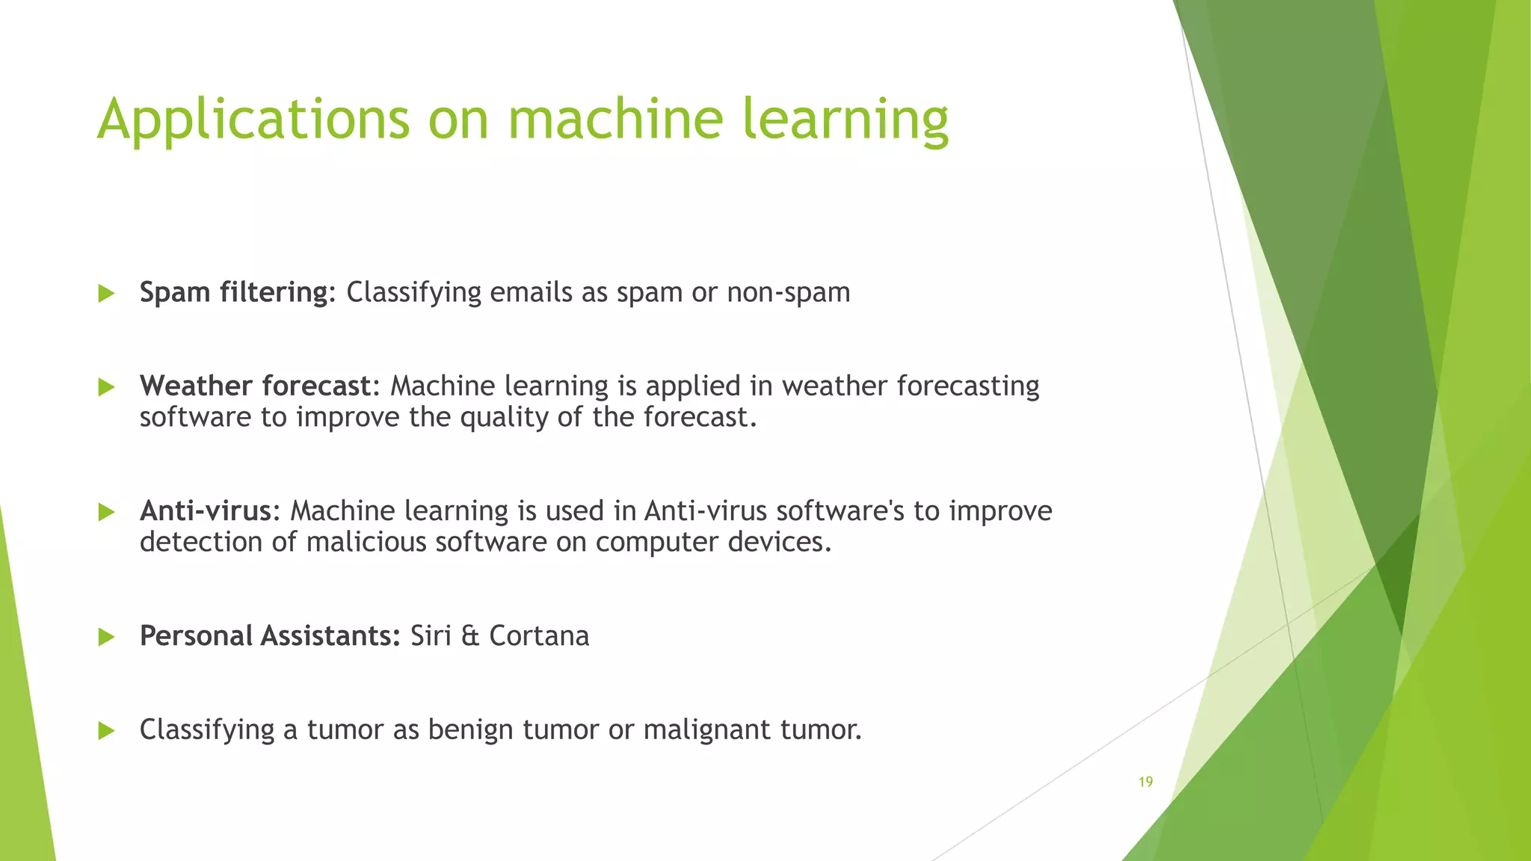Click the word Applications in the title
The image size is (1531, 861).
coord(253,120)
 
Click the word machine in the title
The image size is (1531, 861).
coord(615,120)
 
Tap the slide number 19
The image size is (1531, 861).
coord(1145,782)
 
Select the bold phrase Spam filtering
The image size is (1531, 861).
coord(234,292)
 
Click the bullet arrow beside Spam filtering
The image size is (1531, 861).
coord(106,293)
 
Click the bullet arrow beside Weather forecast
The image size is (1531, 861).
coord(106,387)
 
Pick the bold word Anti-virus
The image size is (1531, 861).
coord(206,510)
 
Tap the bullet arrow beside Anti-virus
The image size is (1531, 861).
coord(106,512)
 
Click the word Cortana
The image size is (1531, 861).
coord(539,636)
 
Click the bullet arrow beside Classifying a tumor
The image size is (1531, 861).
coord(106,730)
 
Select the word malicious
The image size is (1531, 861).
coord(366,542)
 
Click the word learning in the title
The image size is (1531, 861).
coord(845,120)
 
